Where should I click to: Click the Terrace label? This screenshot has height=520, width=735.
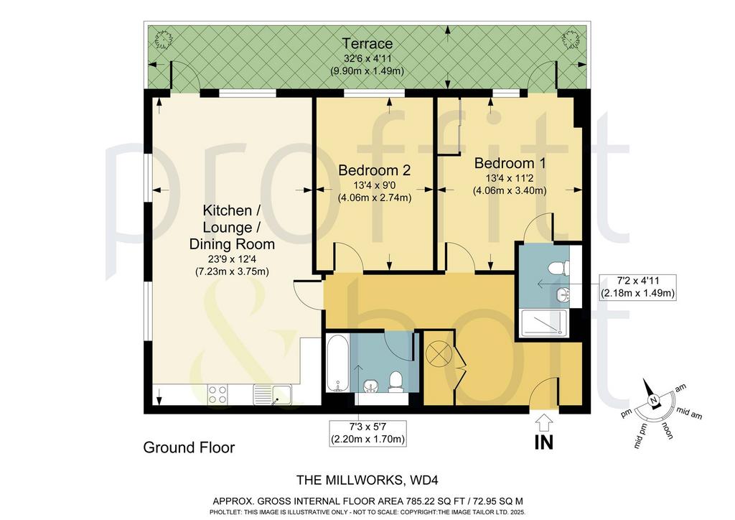(x=367, y=44)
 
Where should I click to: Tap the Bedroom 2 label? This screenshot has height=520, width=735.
(x=375, y=170)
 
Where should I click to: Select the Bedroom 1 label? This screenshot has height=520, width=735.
(x=510, y=163)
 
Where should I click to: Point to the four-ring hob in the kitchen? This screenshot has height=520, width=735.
(x=217, y=394)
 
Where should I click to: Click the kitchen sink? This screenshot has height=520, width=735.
(x=272, y=394)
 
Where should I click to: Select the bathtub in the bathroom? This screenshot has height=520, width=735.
(x=337, y=363)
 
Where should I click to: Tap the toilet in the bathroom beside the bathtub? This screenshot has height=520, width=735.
(x=396, y=381)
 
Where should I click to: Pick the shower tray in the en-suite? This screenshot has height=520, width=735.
(x=544, y=323)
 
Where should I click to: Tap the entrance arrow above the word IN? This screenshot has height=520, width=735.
(x=544, y=422)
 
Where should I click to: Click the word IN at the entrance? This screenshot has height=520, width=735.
(x=544, y=442)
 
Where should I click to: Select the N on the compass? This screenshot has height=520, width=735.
(x=653, y=400)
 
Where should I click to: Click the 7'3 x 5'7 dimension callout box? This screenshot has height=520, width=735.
(x=367, y=433)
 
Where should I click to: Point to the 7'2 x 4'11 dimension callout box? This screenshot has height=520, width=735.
(x=638, y=287)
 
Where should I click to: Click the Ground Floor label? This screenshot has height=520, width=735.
(x=189, y=447)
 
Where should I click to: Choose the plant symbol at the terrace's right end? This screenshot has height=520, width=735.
(x=571, y=39)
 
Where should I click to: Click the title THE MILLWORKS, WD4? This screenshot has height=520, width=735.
(x=367, y=480)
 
